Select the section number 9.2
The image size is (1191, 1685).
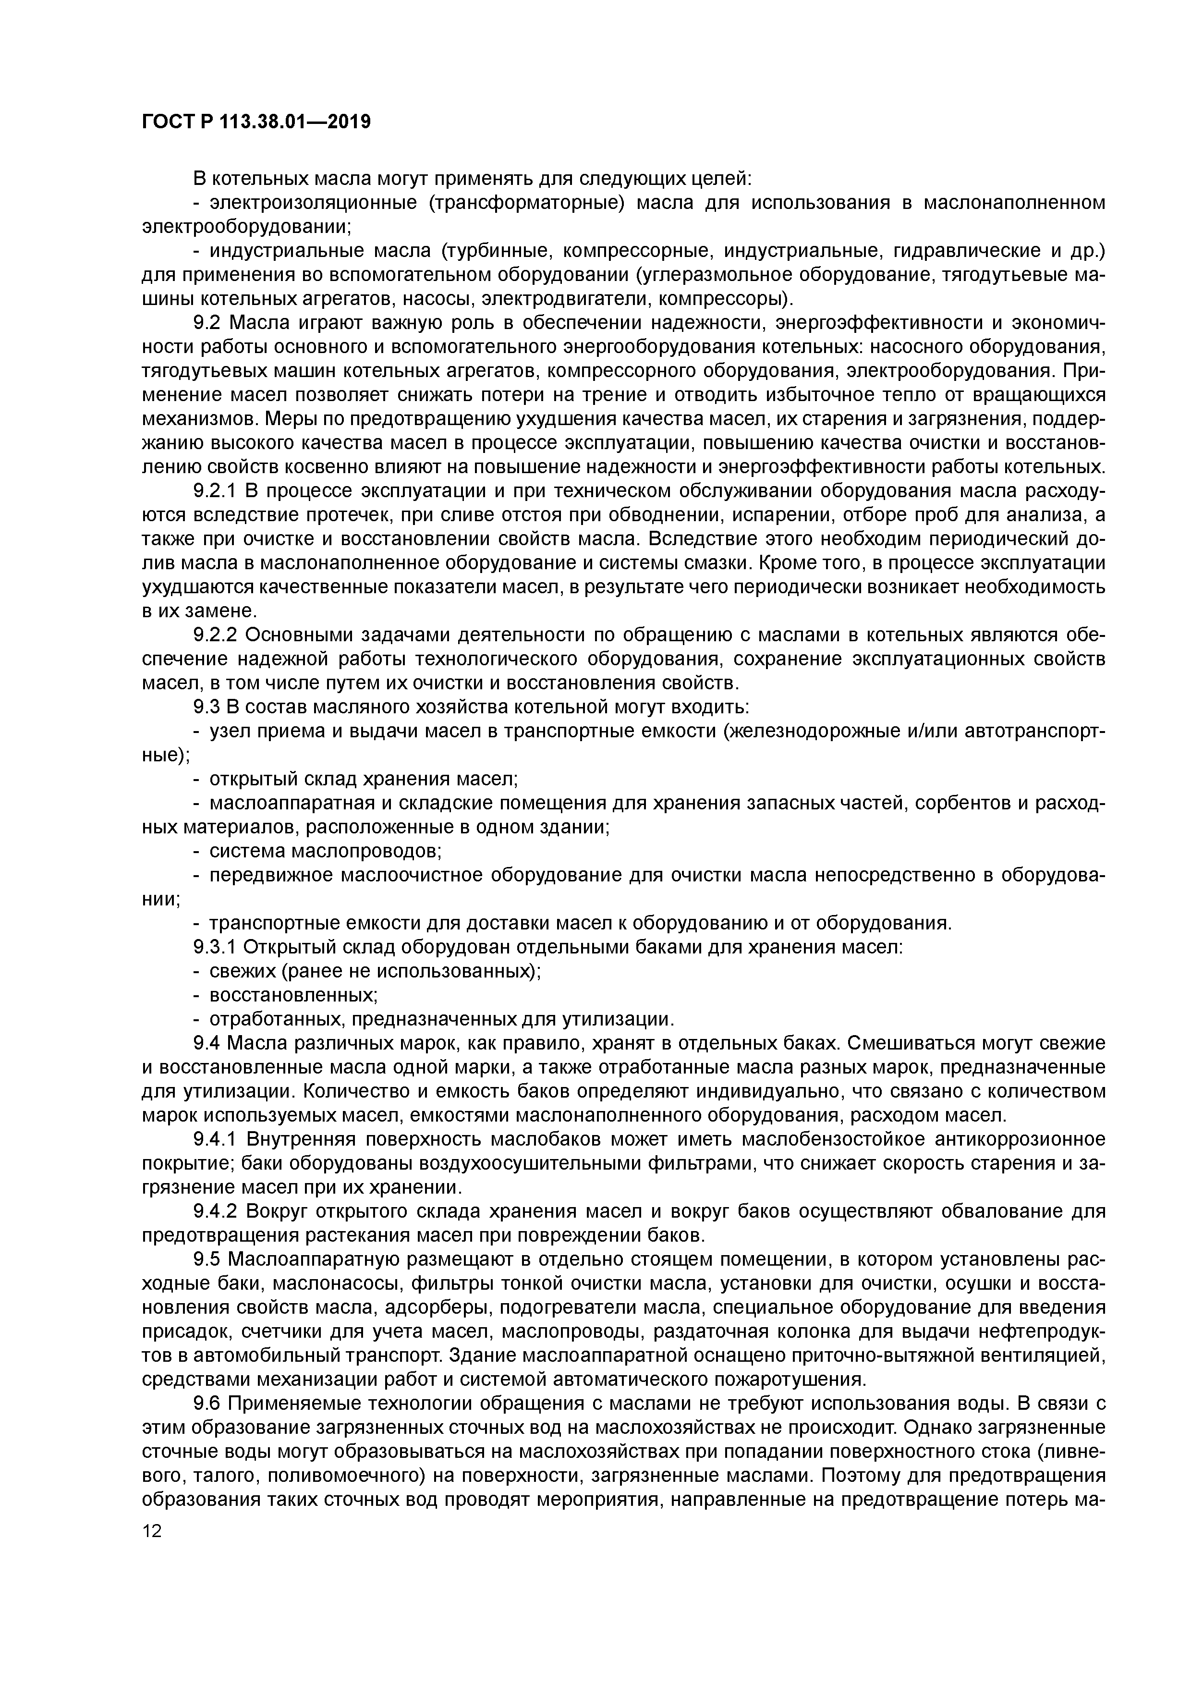click(x=207, y=323)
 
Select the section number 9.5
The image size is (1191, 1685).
click(x=207, y=1260)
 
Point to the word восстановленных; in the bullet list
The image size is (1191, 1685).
click(x=293, y=996)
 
